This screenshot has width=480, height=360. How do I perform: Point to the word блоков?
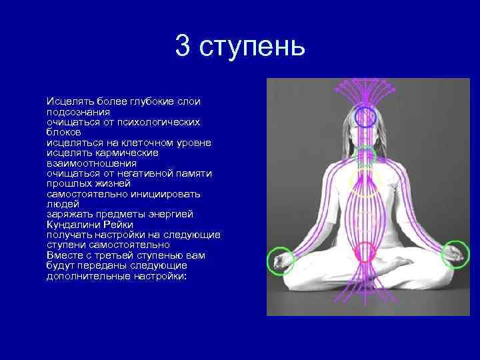click(x=63, y=133)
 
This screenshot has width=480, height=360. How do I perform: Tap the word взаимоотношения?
click(x=91, y=163)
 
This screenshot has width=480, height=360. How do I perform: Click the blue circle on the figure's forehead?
click(x=365, y=119)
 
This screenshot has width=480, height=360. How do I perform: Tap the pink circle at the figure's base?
click(x=365, y=253)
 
